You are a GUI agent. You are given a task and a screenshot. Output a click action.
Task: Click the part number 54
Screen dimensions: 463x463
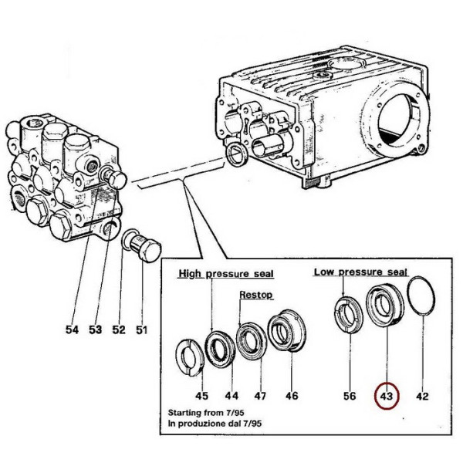72,330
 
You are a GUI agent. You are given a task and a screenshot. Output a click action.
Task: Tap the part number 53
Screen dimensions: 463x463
95,330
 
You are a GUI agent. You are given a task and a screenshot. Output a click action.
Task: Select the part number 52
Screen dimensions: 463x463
118,330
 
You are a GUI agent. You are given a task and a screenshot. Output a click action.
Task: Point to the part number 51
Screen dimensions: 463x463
141,330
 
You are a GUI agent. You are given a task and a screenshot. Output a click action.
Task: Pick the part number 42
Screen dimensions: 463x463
421,396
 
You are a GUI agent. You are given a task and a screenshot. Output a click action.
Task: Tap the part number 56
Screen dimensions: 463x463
350,396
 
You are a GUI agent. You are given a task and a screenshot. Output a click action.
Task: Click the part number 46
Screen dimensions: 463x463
291,396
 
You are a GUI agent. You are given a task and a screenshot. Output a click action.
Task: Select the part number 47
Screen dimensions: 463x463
261,396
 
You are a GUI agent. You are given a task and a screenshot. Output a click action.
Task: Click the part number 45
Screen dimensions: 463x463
201,396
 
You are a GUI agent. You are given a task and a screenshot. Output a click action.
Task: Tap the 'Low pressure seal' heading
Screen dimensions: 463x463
361,272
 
